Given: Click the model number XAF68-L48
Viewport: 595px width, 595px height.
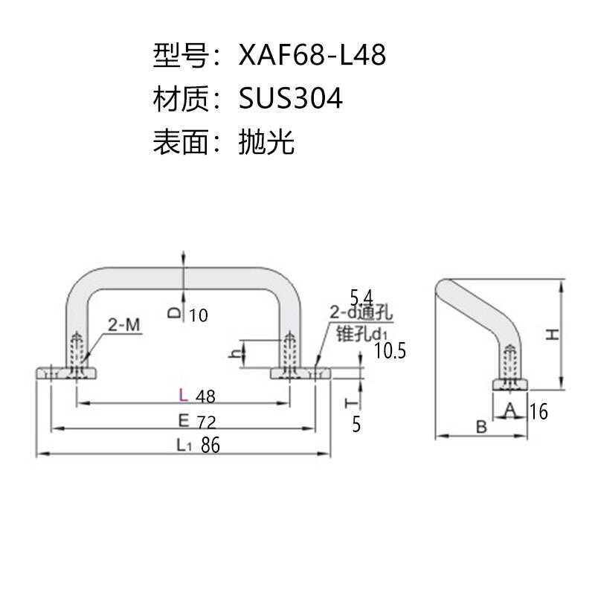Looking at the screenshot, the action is pos(312,54).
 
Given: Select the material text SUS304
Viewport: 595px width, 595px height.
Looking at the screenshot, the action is pos(290,98).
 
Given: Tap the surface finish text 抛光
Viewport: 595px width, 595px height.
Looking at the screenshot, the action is pos(266,141).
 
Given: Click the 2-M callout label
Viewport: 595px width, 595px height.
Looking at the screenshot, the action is pos(124,325).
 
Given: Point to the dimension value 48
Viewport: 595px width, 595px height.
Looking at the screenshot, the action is pos(205,396).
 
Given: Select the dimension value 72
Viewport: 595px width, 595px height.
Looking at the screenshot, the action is pos(207,422).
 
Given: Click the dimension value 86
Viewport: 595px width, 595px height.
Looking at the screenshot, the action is pos(210,445).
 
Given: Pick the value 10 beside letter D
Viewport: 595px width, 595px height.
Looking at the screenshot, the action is pos(199,315).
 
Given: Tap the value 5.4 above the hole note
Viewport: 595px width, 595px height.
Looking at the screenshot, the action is pos(361,297).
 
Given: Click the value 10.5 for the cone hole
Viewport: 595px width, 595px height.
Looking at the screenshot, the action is pos(390,350).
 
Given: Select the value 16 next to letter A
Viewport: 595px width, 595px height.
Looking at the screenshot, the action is pos(538,411).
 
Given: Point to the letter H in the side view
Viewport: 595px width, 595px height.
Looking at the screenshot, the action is pos(553,335).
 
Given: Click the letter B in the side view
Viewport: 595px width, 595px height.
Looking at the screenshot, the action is pos(481,427).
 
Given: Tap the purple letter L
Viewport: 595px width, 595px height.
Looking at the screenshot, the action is pos(183,396).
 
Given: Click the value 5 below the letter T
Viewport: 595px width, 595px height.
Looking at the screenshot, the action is pos(356,425).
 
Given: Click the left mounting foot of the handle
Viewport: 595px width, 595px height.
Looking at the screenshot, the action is pos(66,373).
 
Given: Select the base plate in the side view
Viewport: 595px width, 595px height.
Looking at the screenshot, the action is pos(510,385).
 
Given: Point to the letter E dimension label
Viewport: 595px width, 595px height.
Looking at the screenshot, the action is pos(184,421).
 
